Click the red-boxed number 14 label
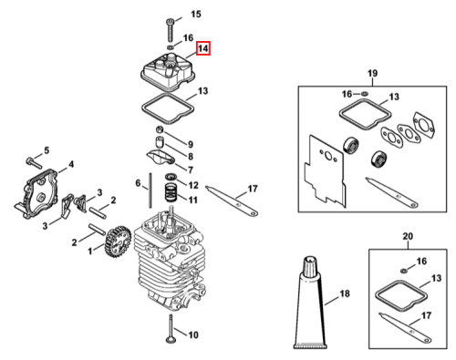tap(203, 48)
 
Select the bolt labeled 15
tap(170, 30)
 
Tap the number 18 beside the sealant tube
tap(345, 293)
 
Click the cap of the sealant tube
tap(310, 264)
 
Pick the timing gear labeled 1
tap(118, 242)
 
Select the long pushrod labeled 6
tap(150, 190)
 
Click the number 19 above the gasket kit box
tap(372, 73)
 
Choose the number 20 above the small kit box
tap(408, 236)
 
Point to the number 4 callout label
tap(71, 164)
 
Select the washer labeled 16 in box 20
tap(404, 270)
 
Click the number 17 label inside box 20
tap(426, 315)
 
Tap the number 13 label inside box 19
tap(394, 97)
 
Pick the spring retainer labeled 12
tap(171, 177)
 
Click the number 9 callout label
tap(191, 144)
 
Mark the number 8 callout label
tap(191, 156)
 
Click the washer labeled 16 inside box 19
tap(365, 93)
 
